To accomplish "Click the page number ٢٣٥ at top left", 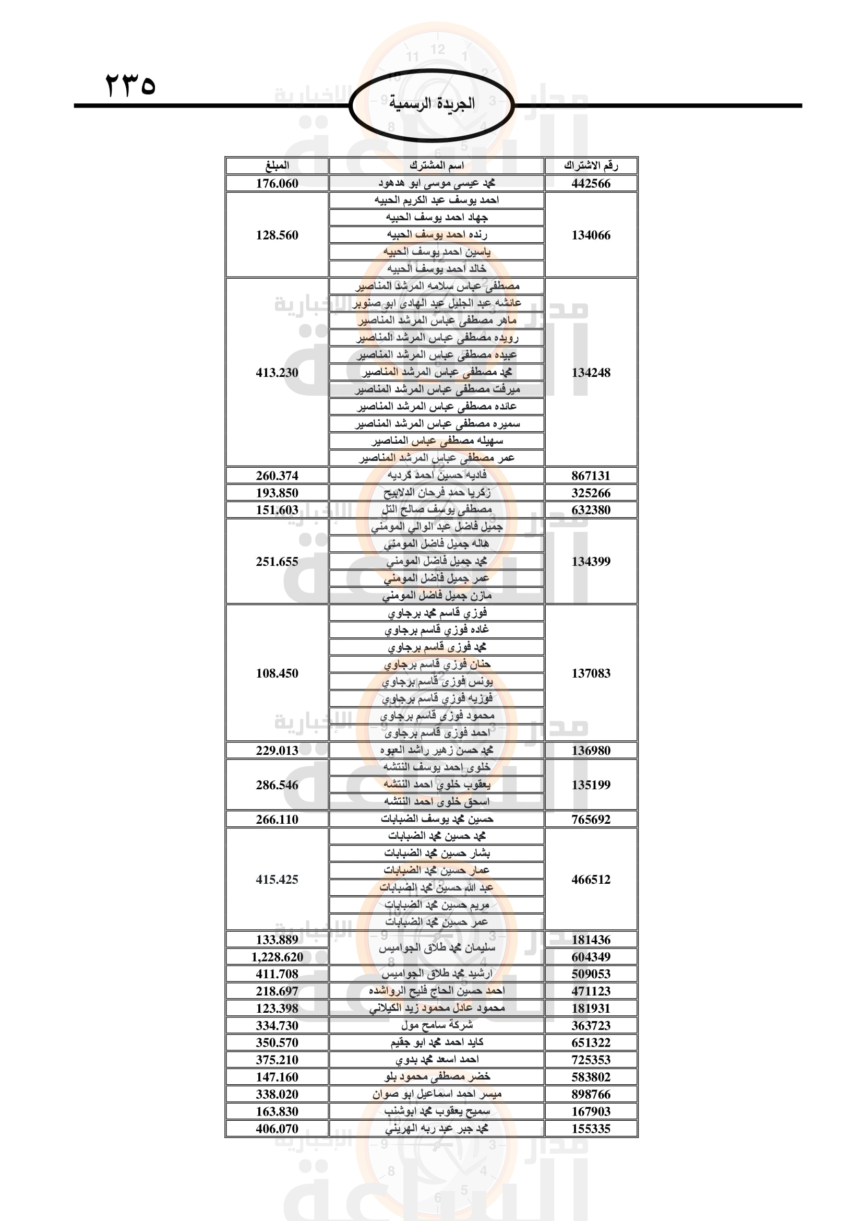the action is click(130, 85).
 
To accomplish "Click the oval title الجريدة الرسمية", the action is click(431, 103).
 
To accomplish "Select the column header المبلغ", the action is click(277, 165).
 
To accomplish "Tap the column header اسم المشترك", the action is click(436, 165).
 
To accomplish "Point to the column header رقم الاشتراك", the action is click(591, 165).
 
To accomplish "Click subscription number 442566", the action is click(591, 183).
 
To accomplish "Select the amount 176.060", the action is click(277, 183).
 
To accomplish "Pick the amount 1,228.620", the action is click(277, 957).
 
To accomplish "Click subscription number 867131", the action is click(591, 476).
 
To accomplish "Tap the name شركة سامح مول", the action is click(436, 1025).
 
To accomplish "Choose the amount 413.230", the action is click(277, 372).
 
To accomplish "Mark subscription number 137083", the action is click(591, 673).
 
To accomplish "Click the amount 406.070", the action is click(277, 1128).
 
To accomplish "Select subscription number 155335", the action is click(591, 1128).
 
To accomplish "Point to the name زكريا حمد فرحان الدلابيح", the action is click(436, 492).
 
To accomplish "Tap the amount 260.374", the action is click(277, 476).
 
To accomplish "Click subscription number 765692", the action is click(591, 819).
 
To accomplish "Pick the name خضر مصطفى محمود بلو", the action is click(436, 1076).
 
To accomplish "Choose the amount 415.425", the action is click(277, 879).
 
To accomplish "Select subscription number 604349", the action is click(591, 957).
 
